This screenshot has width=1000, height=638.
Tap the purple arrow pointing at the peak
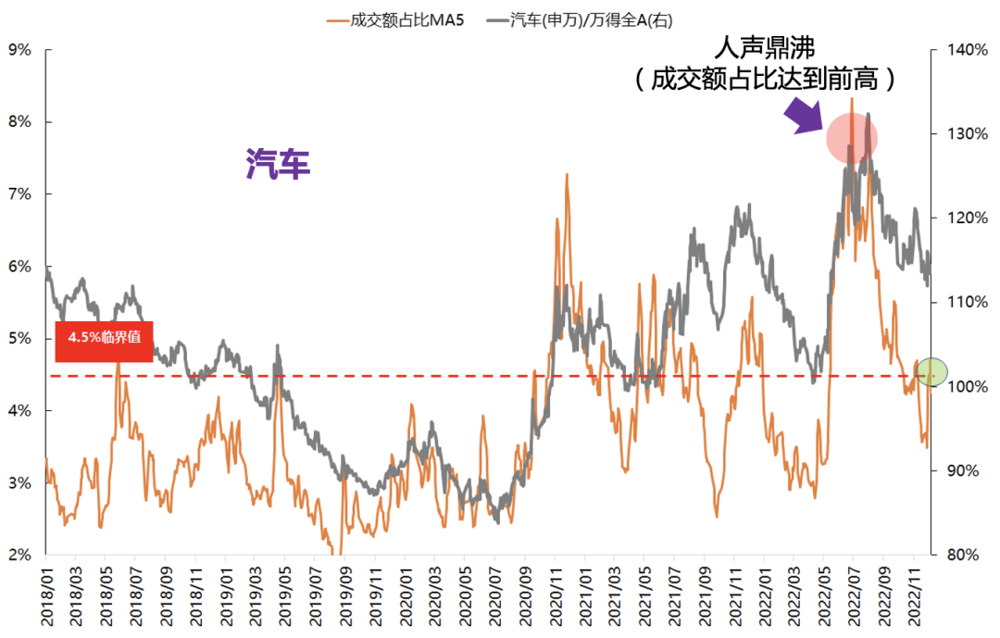pos(802,116)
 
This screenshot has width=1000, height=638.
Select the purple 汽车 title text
pos(278,164)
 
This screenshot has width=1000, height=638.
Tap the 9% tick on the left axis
pos(19,49)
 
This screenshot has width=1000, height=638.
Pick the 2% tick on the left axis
pos(19,555)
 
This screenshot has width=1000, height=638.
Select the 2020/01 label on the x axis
pos(406,593)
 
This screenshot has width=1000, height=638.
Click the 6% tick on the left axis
pos(19,266)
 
